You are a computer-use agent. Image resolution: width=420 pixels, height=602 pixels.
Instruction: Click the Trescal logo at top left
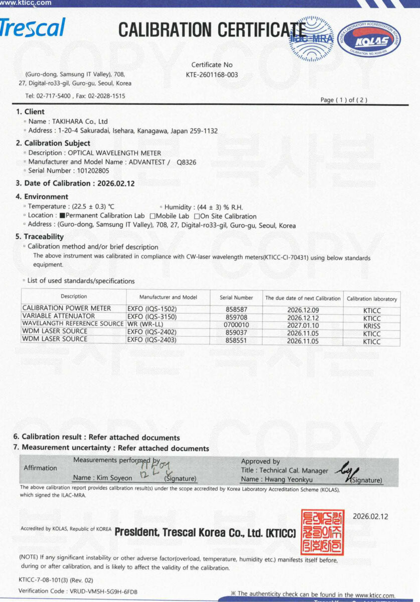[32, 28]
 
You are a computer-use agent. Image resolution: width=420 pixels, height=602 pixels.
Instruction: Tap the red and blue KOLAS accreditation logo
[370, 39]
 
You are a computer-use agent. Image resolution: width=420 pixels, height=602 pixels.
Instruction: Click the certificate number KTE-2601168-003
[212, 75]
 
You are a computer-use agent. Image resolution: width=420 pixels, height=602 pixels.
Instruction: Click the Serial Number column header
[236, 297]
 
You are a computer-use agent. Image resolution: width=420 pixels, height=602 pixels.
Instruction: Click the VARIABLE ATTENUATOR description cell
[59, 317]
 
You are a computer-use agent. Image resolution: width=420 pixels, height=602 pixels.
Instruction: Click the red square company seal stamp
[322, 532]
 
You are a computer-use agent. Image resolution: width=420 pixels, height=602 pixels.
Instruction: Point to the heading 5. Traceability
[40, 237]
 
